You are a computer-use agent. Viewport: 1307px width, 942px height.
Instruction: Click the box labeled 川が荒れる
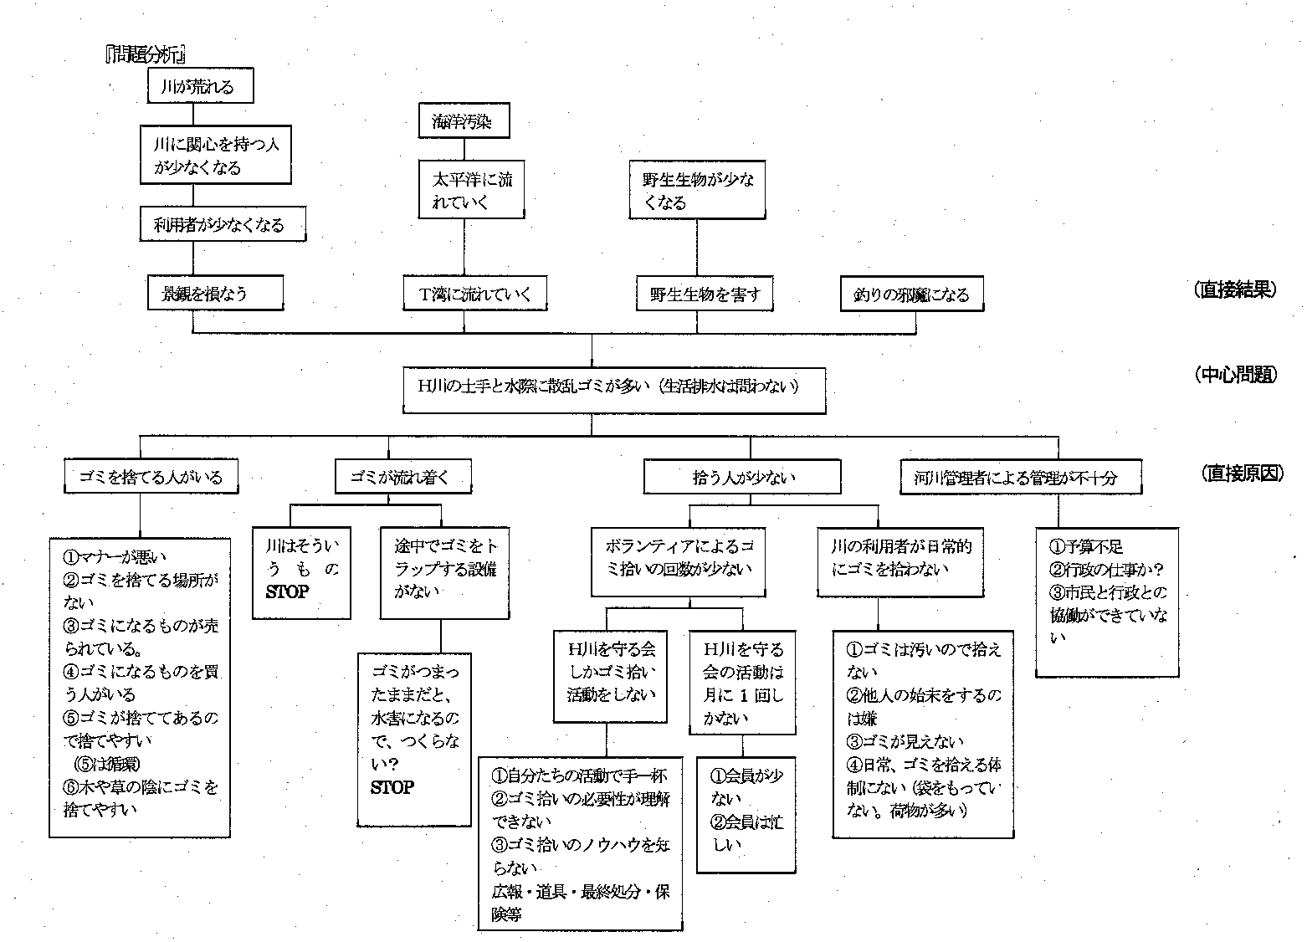[200, 86]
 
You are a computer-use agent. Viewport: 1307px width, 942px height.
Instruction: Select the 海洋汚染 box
[464, 121]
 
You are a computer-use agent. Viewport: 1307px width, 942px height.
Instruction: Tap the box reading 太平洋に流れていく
[472, 191]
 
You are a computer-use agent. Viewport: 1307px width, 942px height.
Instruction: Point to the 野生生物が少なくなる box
[698, 191]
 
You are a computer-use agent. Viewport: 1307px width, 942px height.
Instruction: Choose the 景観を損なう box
[215, 294]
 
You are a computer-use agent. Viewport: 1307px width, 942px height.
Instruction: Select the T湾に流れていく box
[474, 294]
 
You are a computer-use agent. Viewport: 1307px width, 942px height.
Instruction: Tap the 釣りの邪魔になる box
[911, 294]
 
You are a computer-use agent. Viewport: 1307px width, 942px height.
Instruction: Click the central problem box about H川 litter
[613, 389]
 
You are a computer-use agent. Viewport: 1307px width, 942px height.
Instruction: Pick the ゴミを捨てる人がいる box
[151, 477]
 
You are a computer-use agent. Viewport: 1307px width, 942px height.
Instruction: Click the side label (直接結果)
[1236, 289]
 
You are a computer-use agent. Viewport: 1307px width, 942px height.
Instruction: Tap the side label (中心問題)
[1236, 374]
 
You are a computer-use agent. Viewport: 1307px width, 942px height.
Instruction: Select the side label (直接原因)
[1241, 473]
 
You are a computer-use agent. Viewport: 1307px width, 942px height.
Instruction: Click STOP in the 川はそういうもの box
[287, 591]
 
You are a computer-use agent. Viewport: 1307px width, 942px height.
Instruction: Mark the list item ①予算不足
[1086, 546]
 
